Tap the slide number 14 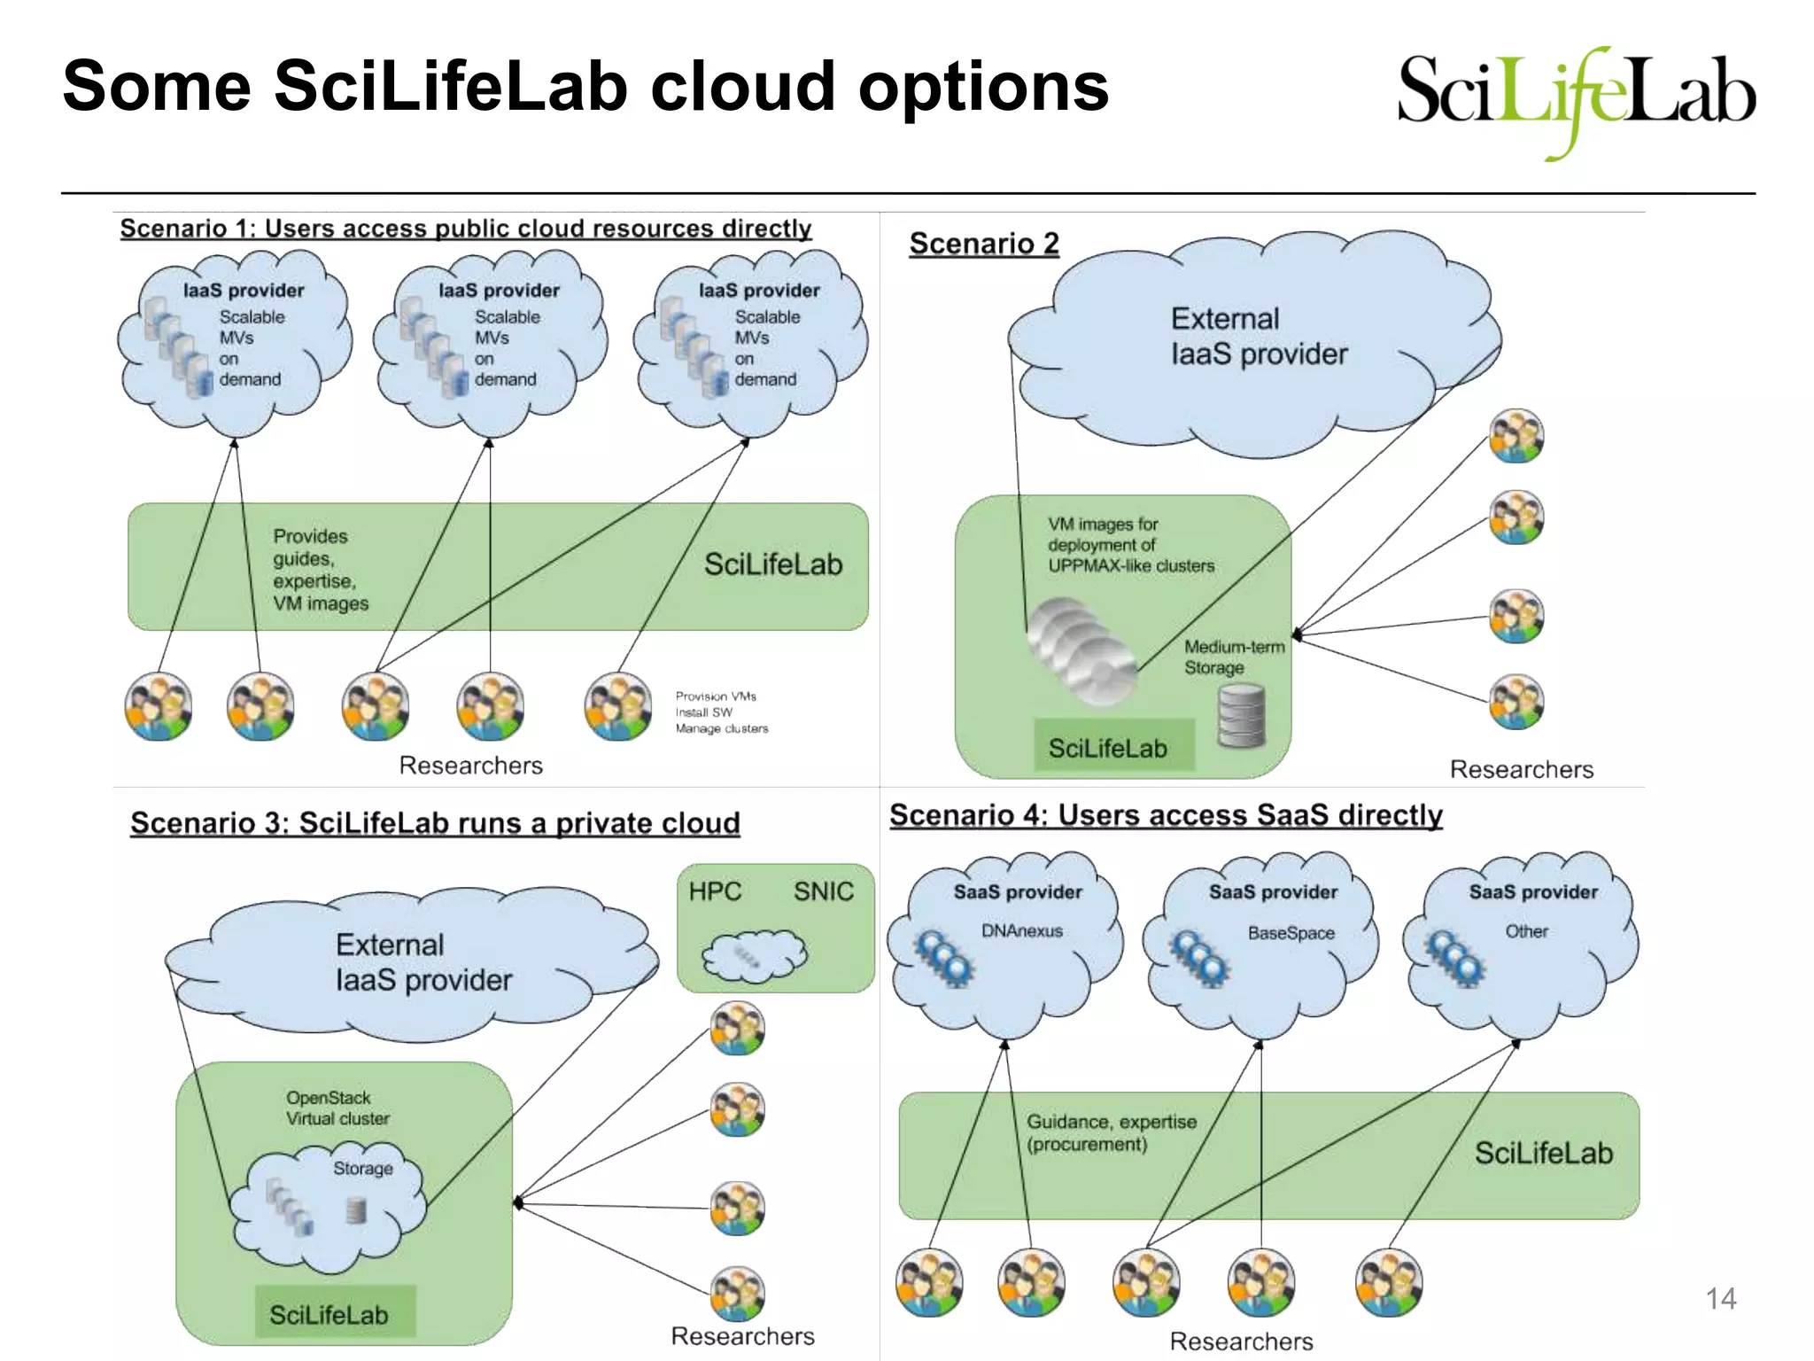[x=1720, y=1299]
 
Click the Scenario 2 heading [x=984, y=244]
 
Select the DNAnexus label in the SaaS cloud [x=1021, y=931]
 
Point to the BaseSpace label [x=1291, y=933]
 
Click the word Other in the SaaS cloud [x=1527, y=931]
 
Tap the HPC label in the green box [x=715, y=891]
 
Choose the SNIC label [x=823, y=891]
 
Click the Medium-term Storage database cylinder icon [x=1241, y=716]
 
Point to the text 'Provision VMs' [x=716, y=696]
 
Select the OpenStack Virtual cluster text [x=337, y=1108]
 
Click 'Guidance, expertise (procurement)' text [x=1111, y=1133]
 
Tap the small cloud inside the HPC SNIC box [x=754, y=955]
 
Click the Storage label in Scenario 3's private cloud [x=362, y=1169]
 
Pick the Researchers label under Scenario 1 [x=470, y=766]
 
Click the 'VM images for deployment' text [x=1130, y=545]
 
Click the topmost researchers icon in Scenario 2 [x=1516, y=436]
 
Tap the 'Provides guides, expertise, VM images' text [x=320, y=570]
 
